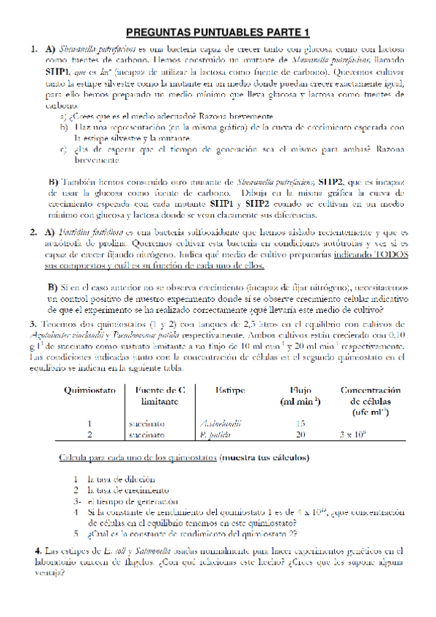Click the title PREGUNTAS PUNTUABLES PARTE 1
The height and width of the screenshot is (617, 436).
click(x=218, y=32)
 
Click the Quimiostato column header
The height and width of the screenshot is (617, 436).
click(x=90, y=390)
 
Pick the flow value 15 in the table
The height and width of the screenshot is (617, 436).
click(x=301, y=423)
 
